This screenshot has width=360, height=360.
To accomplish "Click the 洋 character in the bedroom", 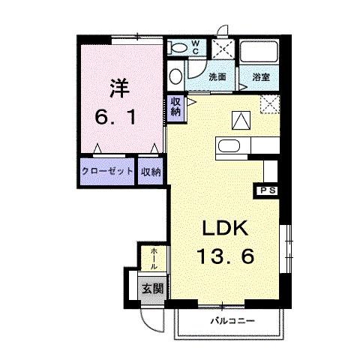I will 120,87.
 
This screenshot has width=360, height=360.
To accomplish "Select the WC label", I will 194,46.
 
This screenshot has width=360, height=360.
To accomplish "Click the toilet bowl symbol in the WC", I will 177,46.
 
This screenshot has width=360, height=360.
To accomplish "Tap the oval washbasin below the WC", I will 175,75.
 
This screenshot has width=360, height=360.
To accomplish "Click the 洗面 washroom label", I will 217,76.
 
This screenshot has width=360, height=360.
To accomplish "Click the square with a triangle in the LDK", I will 241,118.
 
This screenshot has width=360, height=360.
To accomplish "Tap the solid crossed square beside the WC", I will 222,47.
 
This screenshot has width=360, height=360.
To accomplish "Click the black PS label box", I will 268,190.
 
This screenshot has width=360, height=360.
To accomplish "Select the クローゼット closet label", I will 107,171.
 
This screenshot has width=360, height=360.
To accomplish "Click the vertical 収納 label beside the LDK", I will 175,106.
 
